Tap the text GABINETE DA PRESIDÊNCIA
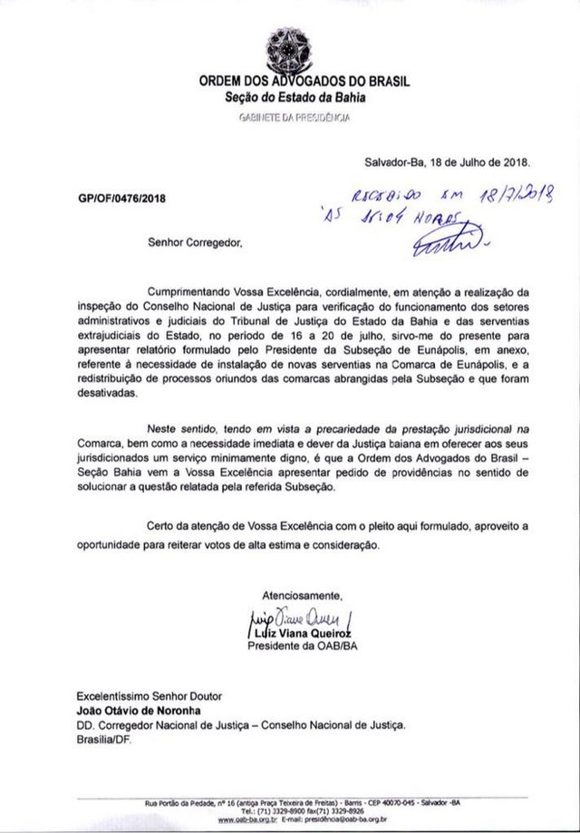click(x=295, y=118)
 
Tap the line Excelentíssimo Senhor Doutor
click(x=149, y=695)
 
